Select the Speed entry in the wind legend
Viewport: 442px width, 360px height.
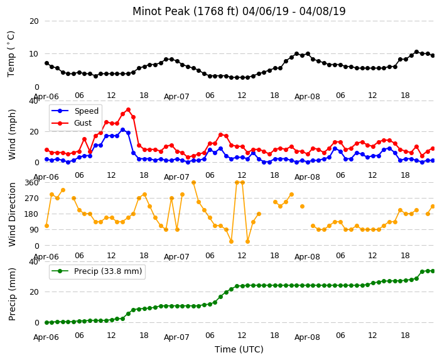pyautogui.click(x=75, y=111)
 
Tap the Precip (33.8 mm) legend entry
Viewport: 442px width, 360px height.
pyautogui.click(x=97, y=271)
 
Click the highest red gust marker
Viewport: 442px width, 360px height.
pyautogui.click(x=128, y=109)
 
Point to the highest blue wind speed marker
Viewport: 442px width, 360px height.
pyautogui.click(x=122, y=130)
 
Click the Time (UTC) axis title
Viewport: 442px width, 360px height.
pyautogui.click(x=239, y=349)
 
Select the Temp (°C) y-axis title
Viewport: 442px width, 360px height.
pyautogui.click(x=11, y=54)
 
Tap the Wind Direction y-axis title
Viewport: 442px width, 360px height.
pyautogui.click(x=12, y=214)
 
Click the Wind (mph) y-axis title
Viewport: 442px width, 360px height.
pyautogui.click(x=12, y=134)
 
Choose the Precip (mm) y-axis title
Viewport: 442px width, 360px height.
pyautogui.click(x=12, y=294)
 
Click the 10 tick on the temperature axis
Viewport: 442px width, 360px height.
pyautogui.click(x=33, y=54)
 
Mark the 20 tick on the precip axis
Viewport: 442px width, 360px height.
pyautogui.click(x=34, y=292)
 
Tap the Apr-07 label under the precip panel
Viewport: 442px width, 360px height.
pyautogui.click(x=176, y=337)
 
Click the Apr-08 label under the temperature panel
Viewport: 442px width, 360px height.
pyautogui.click(x=307, y=97)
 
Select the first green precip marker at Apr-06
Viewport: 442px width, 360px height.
pyautogui.click(x=47, y=322)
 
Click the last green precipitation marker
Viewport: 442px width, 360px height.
pyautogui.click(x=433, y=271)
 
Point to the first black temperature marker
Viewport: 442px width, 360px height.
pyautogui.click(x=47, y=63)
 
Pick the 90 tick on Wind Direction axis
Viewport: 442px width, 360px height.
pyautogui.click(x=34, y=230)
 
